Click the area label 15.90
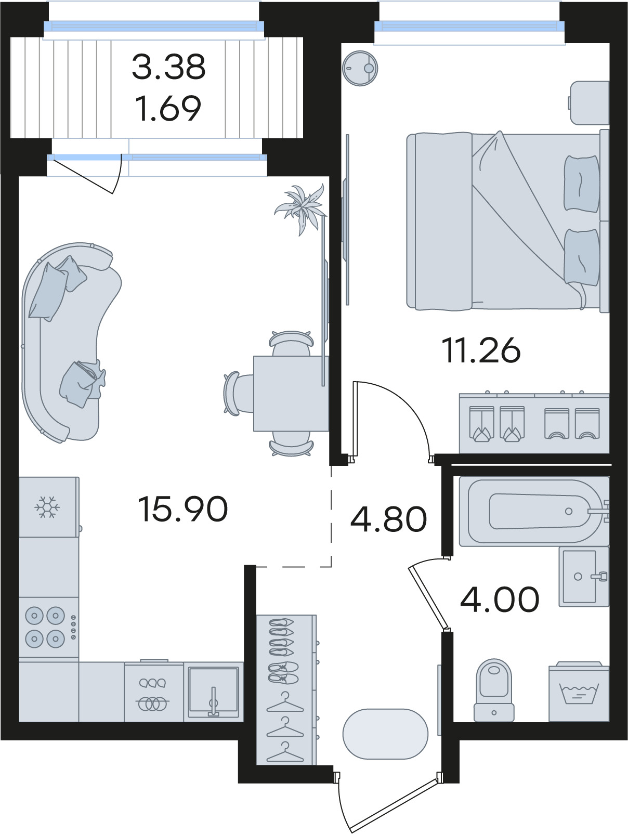[183, 509]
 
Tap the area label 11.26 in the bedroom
[481, 350]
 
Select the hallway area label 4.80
[388, 519]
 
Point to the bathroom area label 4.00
[500, 599]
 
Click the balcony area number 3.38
[168, 67]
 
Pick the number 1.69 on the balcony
[168, 108]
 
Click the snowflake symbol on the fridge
[47, 507]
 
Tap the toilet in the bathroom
[494, 690]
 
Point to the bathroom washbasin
[584, 577]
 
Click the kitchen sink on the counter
[213, 692]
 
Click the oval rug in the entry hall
[385, 734]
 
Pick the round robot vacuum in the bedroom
[360, 69]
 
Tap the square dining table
[291, 393]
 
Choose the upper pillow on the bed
[581, 184]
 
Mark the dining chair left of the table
[238, 393]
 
